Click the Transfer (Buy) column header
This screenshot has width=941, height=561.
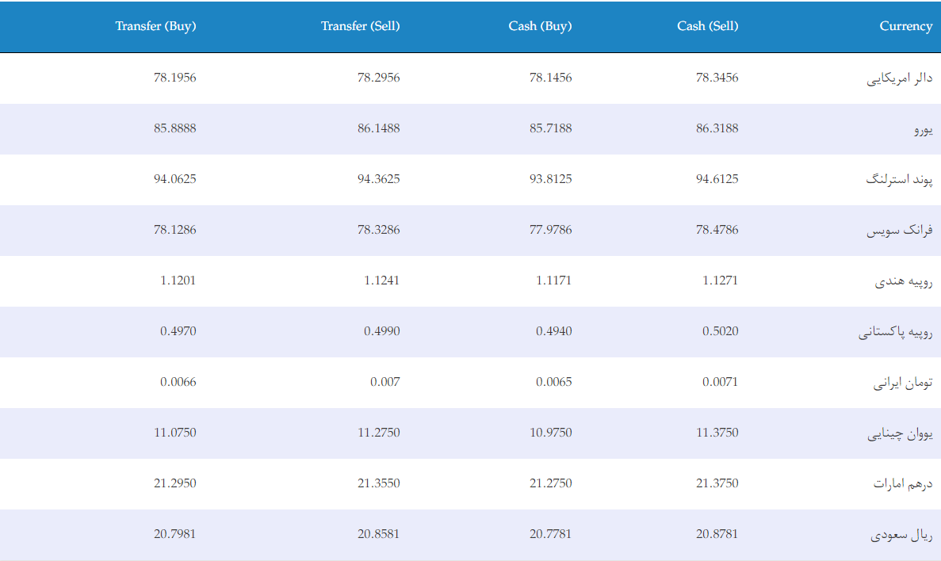pos(155,26)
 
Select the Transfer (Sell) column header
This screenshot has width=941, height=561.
pos(360,26)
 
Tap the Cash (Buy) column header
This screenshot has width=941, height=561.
pos(540,26)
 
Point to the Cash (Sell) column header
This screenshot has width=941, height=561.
pos(708,26)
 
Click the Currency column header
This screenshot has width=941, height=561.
pos(905,26)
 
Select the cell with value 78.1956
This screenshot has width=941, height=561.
pos(174,78)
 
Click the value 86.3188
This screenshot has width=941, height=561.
pos(717,128)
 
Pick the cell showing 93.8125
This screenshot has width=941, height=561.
pos(550,179)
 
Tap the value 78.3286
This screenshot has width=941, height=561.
pos(378,230)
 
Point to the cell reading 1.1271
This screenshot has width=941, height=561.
pos(720,280)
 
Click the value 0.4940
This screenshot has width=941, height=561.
pos(554,331)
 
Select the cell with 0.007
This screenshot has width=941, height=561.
pos(384,382)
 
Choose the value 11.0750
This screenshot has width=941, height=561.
pos(174,433)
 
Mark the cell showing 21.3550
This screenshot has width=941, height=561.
pos(378,483)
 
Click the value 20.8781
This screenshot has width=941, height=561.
pos(717,534)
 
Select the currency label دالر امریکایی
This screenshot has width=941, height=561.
pos(900,78)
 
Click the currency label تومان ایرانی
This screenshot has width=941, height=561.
pos(903,383)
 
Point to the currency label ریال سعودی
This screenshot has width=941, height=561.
pos(901,535)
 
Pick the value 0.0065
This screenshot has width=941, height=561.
pos(554,382)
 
